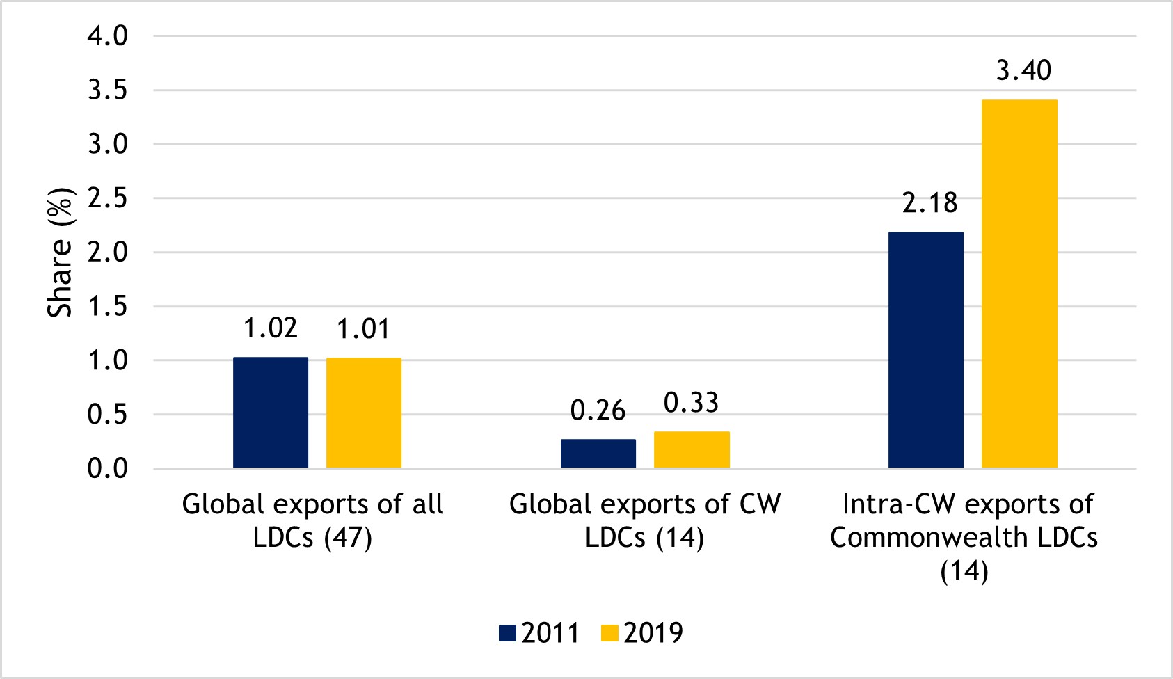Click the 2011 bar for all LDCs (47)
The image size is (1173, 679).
[x=271, y=412]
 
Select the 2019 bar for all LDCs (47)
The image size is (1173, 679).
[x=364, y=413]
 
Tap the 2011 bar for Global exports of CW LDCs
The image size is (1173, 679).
[x=598, y=453]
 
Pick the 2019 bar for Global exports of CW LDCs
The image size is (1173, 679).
[x=692, y=449]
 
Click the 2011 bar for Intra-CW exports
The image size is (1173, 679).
[x=926, y=349]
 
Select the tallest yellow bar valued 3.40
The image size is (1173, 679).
[x=1019, y=283]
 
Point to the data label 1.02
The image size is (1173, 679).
[x=271, y=328]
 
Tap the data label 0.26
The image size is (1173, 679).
[x=598, y=411]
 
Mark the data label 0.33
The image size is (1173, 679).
[x=692, y=403]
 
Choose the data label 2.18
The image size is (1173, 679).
[x=930, y=203]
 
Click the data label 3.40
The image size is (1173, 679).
[x=1023, y=71]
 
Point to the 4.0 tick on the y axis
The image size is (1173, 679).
[x=108, y=36]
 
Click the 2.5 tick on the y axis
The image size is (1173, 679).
[x=108, y=199]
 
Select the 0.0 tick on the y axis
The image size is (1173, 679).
[x=108, y=469]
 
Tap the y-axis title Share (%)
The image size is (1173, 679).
[x=61, y=252]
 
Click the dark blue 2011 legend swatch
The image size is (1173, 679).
[x=508, y=633]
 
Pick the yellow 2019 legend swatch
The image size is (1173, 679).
[x=609, y=633]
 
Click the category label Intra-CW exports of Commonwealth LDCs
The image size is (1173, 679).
[x=964, y=537]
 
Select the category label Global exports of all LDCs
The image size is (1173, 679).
[x=312, y=520]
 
